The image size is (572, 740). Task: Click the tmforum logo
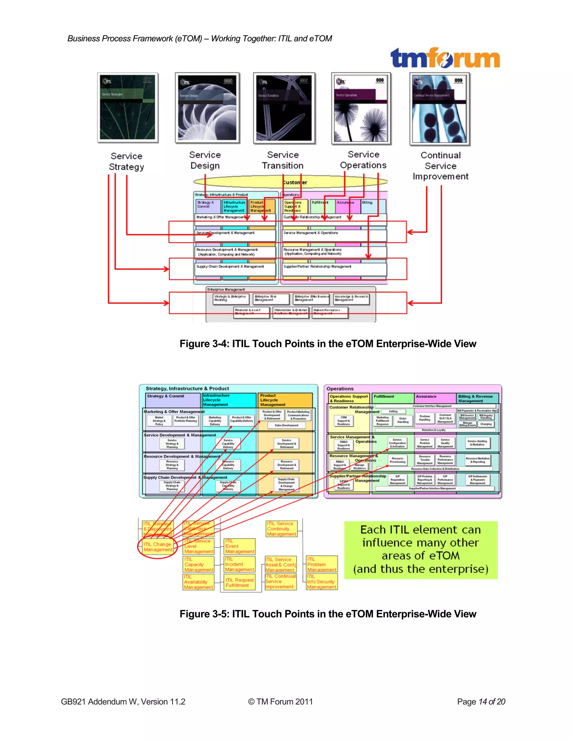click(x=445, y=58)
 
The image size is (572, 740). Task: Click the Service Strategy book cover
click(x=128, y=108)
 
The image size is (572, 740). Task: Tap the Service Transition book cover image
click(x=284, y=108)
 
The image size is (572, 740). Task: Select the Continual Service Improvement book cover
click(x=440, y=109)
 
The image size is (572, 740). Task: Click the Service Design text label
click(x=205, y=160)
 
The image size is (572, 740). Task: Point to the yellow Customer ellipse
click(x=290, y=182)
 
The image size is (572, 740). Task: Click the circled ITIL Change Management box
click(x=158, y=547)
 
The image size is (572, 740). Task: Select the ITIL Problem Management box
click(x=321, y=564)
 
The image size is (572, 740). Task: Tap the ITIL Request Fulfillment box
click(x=240, y=583)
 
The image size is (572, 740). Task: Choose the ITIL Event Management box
click(x=240, y=546)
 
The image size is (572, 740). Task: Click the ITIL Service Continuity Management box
click(x=281, y=529)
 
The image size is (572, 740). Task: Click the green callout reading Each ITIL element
click(x=421, y=550)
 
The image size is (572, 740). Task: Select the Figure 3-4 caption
click(x=328, y=344)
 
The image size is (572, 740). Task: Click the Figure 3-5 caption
click(x=328, y=614)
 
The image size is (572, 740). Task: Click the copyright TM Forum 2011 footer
click(x=280, y=702)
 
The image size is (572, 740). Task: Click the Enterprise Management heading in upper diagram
click(x=226, y=290)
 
